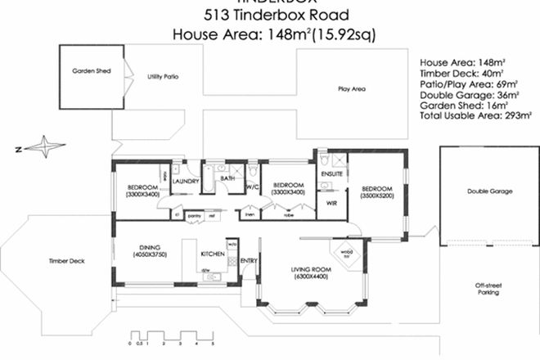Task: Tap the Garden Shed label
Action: point(90,72)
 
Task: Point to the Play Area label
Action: point(352,88)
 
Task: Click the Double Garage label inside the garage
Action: point(489,191)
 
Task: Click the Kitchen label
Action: point(213,254)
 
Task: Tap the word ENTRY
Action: point(249,261)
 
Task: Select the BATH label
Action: point(227,178)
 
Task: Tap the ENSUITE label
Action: point(331,174)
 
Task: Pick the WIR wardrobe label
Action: point(331,202)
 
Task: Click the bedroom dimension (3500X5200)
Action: point(378,195)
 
